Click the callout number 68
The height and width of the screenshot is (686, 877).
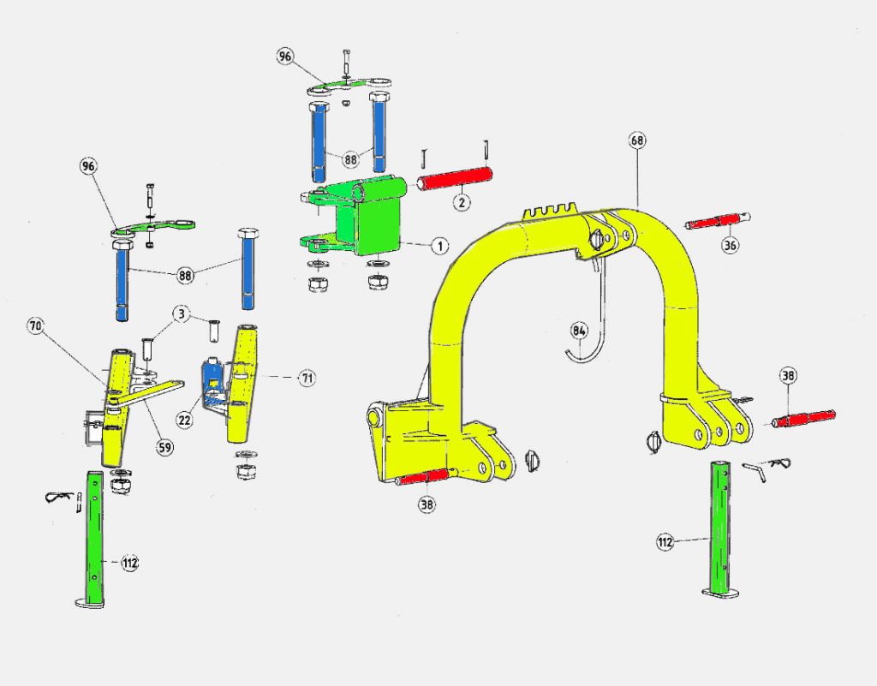tap(637, 140)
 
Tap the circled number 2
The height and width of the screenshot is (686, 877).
tap(462, 202)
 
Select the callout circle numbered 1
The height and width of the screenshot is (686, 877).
tap(440, 246)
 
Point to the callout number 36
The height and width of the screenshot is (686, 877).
tap(730, 245)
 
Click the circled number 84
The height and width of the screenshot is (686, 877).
tap(579, 331)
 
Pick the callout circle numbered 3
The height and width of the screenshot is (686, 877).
tap(181, 314)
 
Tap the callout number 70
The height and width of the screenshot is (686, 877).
tap(36, 326)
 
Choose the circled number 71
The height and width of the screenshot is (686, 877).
tap(307, 379)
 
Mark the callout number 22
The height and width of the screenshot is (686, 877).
tap(185, 420)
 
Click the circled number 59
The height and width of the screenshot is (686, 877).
tap(164, 447)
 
